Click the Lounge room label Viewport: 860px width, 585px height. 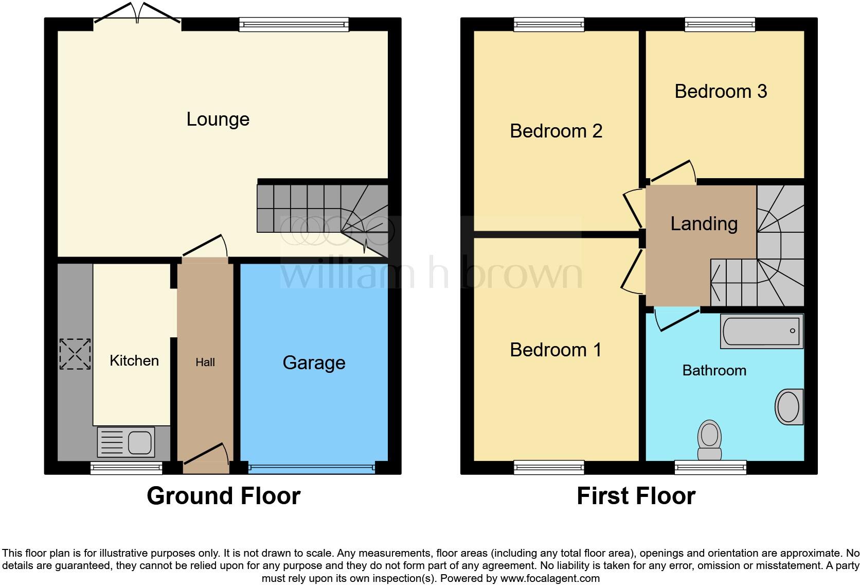click(x=218, y=119)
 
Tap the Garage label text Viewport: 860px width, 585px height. click(x=314, y=363)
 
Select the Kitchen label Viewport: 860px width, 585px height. click(x=134, y=360)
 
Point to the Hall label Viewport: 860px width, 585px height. click(x=205, y=363)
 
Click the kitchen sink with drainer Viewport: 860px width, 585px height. click(x=126, y=442)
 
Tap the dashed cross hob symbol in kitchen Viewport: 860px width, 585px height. click(x=75, y=354)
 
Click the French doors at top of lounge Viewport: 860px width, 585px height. click(x=137, y=14)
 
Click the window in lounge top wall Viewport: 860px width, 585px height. click(x=294, y=24)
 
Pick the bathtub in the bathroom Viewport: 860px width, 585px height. click(x=761, y=331)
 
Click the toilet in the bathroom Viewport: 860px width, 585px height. click(x=709, y=440)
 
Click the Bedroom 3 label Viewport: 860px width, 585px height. click(x=721, y=91)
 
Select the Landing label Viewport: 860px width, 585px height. click(x=704, y=223)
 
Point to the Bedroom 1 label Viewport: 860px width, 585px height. click(x=556, y=350)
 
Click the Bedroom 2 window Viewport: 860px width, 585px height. click(x=549, y=24)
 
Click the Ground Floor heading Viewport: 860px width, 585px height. click(x=223, y=496)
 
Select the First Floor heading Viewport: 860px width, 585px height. click(x=636, y=496)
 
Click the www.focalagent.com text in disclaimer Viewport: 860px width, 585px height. click(x=550, y=578)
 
